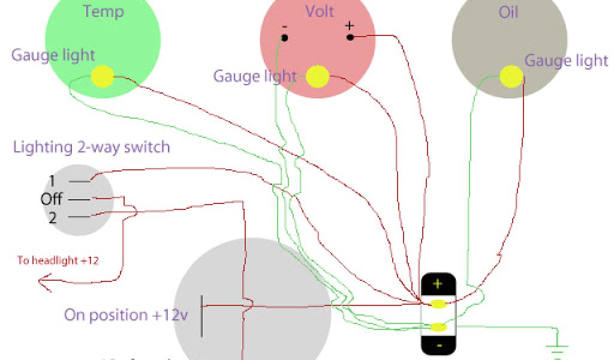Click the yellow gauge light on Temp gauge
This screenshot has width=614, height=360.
coord(103,76)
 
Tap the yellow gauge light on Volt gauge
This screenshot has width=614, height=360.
coord(317,76)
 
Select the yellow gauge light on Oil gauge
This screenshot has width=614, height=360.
coord(511,76)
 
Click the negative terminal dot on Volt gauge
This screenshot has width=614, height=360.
coord(284,38)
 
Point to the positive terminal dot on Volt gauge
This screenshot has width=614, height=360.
coord(350,37)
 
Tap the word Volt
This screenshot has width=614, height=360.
coord(320,11)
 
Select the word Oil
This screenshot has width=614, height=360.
coord(508,11)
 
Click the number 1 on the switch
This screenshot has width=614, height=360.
coord(52,181)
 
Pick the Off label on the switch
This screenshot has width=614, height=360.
coord(52,199)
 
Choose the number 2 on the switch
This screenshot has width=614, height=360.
coord(52,218)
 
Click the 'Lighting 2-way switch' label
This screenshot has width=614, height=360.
coord(91,146)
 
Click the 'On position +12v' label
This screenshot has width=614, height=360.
coord(126,315)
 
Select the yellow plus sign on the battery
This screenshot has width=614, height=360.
coord(438,283)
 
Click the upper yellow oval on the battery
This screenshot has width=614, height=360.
coord(439,304)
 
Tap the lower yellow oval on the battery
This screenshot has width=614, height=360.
coord(439,327)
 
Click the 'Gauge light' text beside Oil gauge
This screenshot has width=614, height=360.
coord(566,61)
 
